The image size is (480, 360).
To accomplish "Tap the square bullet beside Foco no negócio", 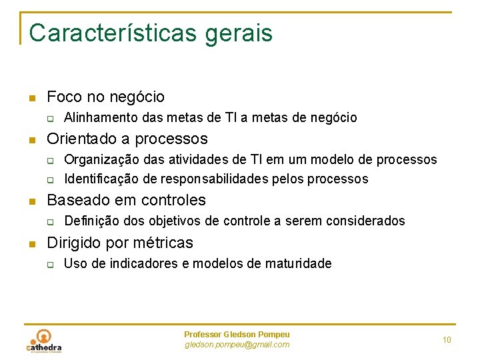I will coord(31,99).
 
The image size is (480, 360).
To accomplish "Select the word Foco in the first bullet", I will coord(65,97).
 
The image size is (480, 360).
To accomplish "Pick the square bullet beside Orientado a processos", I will coord(31,141).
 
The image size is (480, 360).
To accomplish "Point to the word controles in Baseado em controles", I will coord(174,200).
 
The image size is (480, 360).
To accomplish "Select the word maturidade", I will coord(298,263).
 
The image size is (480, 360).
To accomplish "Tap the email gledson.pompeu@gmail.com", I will coord(237,345).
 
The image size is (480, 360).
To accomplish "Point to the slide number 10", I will coord(447,340).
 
